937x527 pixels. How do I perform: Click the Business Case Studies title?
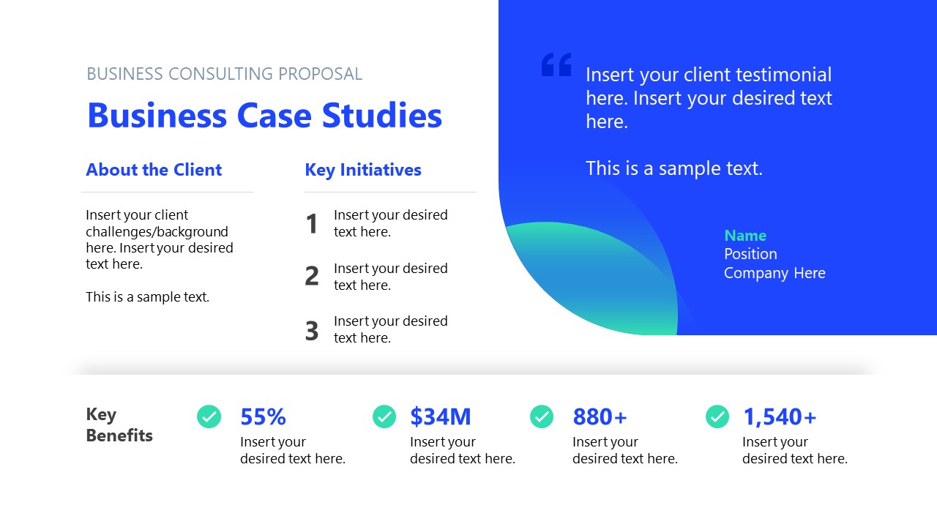[x=264, y=116]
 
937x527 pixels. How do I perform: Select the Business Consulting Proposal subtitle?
[x=224, y=74]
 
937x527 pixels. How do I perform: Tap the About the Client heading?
[x=154, y=170]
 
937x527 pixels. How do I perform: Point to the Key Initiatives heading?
[x=363, y=170]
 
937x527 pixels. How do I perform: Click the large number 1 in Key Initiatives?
[x=312, y=224]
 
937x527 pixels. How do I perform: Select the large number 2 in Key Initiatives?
[x=312, y=277]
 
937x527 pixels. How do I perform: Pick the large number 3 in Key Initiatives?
[x=312, y=331]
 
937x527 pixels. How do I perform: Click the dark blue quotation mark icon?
[x=556, y=64]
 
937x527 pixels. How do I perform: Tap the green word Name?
[x=745, y=236]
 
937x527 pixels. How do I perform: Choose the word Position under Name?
[x=750, y=254]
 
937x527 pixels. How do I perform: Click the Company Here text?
[x=774, y=273]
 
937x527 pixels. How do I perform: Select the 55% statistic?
[x=263, y=417]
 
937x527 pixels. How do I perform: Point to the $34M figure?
[x=441, y=417]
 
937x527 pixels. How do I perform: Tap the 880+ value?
[x=600, y=417]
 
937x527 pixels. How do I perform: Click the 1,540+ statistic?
[x=779, y=417]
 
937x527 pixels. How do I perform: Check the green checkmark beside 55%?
[x=209, y=416]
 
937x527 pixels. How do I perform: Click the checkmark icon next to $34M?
[x=384, y=416]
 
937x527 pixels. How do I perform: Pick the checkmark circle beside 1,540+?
[x=717, y=416]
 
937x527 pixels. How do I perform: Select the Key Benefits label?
[x=119, y=425]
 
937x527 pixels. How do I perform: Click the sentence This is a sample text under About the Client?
[x=147, y=297]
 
